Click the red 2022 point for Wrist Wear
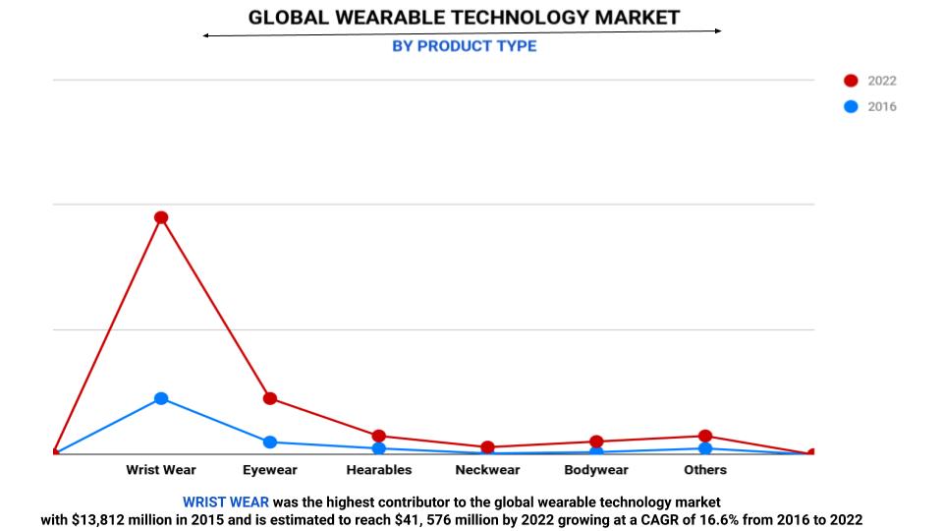(161, 217)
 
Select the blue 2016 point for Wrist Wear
(161, 398)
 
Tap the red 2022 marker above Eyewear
(270, 398)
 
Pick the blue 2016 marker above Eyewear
(270, 442)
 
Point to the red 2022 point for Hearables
(379, 436)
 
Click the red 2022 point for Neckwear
(487, 447)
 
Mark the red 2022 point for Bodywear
(596, 442)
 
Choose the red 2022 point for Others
(705, 436)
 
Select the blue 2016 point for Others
(705, 448)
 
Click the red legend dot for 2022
(851, 81)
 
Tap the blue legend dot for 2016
(851, 106)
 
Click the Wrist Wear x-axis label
(161, 470)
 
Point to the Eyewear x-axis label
(270, 470)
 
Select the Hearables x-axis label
(379, 470)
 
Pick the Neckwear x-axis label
(487, 470)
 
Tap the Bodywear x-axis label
(596, 470)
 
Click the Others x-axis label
(705, 470)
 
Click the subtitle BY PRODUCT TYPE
(464, 46)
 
